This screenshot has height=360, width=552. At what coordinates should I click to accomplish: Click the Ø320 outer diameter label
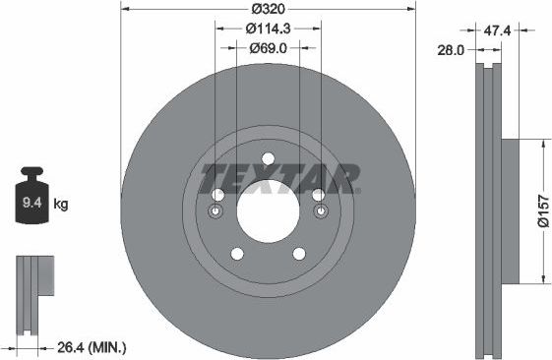point(268,8)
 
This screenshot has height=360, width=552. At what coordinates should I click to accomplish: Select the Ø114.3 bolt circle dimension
point(268,29)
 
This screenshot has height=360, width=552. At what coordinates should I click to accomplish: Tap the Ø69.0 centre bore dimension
point(268,47)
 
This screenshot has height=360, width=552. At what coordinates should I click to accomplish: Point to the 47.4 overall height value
point(497,30)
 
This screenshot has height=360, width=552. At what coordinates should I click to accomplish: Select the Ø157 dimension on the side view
point(542,210)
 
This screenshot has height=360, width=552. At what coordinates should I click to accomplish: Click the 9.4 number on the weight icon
point(31,205)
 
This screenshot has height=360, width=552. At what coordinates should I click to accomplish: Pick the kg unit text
point(61,205)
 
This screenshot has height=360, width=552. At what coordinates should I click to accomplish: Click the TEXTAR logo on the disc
point(277,180)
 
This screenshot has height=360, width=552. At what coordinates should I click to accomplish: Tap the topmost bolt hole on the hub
point(268,160)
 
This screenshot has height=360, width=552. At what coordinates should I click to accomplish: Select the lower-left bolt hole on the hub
point(236,254)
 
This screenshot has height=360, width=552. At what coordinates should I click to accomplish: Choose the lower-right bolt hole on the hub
point(299,254)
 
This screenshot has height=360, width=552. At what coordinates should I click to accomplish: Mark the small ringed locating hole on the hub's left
point(217,211)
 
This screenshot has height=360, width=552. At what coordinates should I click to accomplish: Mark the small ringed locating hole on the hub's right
point(319,211)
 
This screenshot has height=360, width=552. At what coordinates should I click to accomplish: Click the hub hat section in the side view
point(508,210)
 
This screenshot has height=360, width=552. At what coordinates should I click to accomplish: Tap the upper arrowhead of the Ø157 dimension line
point(542,144)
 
